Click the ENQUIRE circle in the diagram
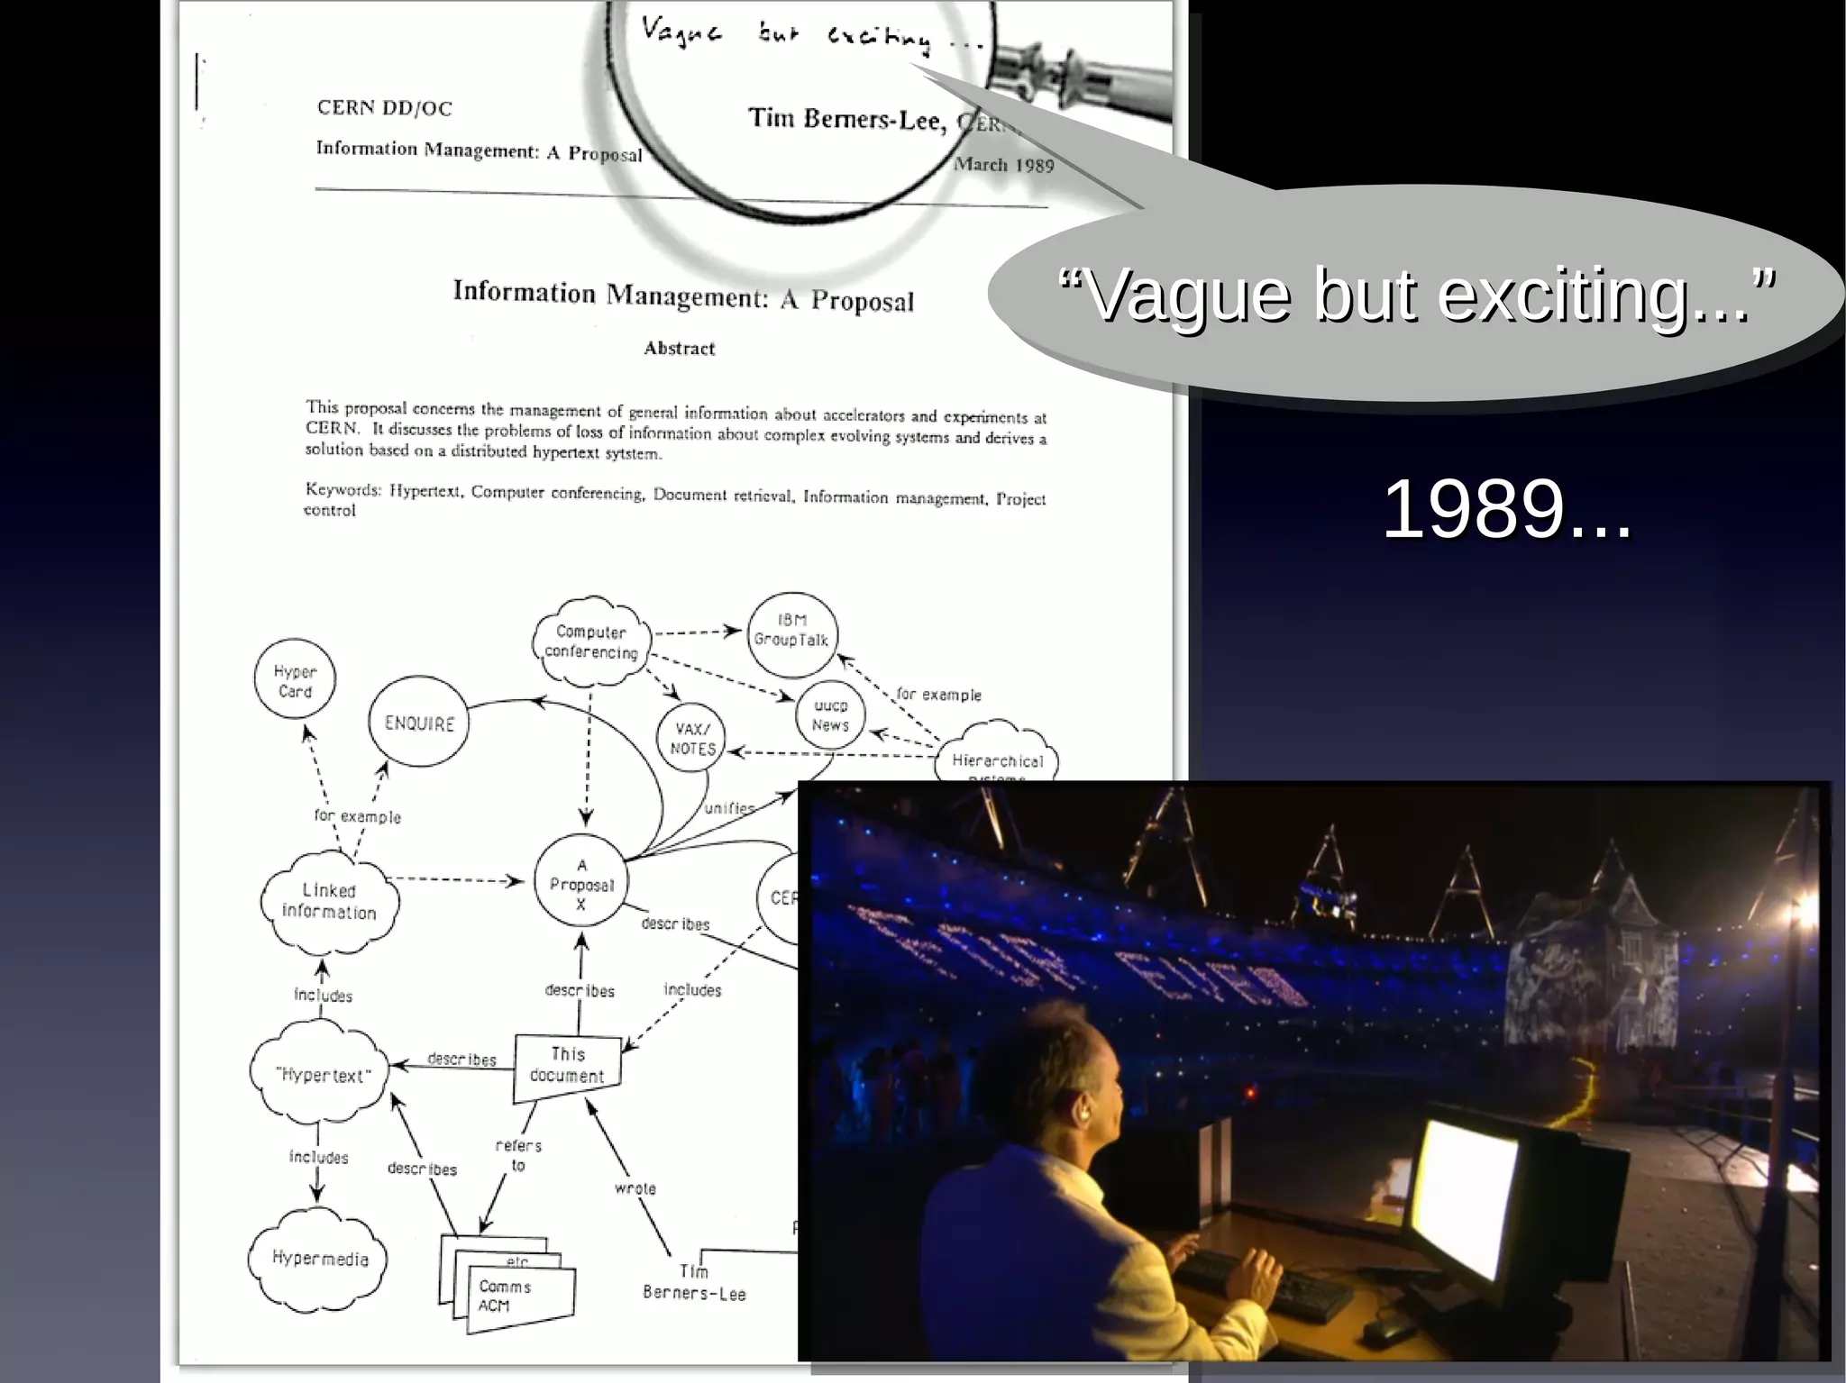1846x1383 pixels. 419,722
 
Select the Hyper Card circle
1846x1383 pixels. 295,680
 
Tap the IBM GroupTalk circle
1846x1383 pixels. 791,633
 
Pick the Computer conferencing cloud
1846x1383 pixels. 591,641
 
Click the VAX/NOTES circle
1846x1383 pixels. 691,738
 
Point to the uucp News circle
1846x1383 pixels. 830,715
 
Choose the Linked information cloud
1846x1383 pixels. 329,902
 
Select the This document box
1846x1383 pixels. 568,1066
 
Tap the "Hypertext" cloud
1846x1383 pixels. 322,1075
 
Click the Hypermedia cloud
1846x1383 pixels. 320,1259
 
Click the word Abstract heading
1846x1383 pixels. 679,349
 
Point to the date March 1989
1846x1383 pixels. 1003,164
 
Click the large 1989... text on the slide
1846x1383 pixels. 1506,510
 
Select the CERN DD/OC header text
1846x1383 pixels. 384,108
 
